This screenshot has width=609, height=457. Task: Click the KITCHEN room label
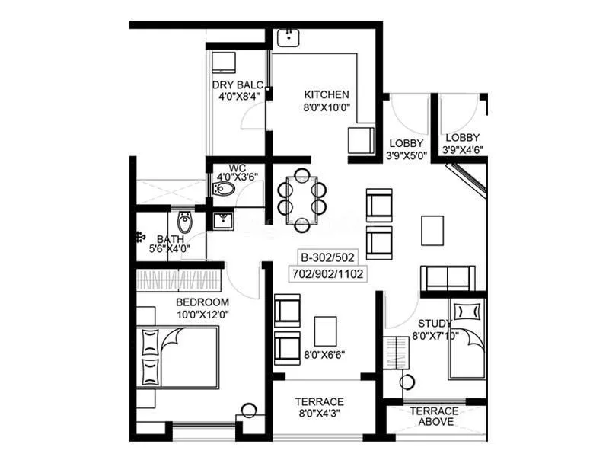(x=327, y=94)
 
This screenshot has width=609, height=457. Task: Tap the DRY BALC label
(x=238, y=85)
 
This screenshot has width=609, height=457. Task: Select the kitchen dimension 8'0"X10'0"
(x=327, y=107)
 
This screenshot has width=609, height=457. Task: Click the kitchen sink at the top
(x=290, y=37)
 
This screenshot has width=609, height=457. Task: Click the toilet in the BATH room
(x=185, y=222)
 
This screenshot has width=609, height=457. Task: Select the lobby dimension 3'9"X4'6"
(x=463, y=149)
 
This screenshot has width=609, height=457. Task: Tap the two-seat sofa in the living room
(x=448, y=277)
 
